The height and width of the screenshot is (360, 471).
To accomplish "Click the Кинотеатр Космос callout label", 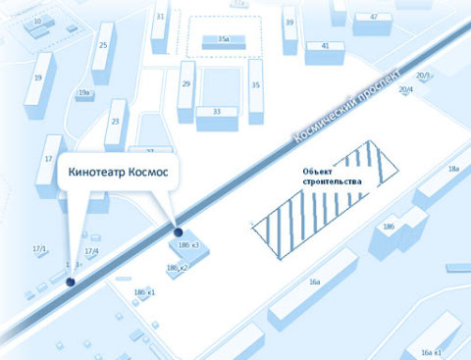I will click(x=118, y=173).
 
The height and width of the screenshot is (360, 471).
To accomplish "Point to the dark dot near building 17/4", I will click(x=70, y=283).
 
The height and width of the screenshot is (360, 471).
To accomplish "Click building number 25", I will click(x=103, y=44).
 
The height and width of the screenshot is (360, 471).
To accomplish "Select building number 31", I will click(x=160, y=17).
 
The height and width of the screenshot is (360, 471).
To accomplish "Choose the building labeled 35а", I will click(x=223, y=39).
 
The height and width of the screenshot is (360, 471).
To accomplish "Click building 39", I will click(x=288, y=23).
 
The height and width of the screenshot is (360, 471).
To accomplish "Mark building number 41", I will click(x=325, y=45).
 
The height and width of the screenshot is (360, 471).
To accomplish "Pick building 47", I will click(x=373, y=18).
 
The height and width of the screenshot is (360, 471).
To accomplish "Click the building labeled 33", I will click(x=217, y=112).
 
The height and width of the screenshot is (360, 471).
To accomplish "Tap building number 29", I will click(x=185, y=85).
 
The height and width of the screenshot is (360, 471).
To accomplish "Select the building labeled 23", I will click(x=115, y=120).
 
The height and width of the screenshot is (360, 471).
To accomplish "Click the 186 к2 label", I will click(x=177, y=268).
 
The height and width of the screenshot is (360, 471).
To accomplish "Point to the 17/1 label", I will click(x=39, y=249).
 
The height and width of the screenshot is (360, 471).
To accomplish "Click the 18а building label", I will click(x=453, y=169).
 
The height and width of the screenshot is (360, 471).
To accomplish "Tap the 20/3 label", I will click(x=424, y=75).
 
